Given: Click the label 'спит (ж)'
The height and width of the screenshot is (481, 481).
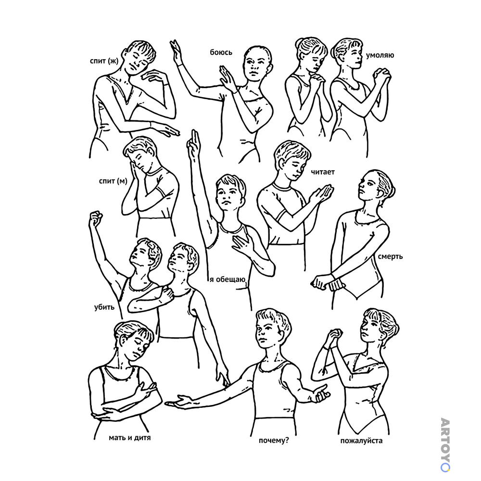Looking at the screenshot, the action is point(104,61).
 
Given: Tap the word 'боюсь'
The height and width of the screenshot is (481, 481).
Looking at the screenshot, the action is point(221,52).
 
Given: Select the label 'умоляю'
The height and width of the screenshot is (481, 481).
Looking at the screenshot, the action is point(380,55).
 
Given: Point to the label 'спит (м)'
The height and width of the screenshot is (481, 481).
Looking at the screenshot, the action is point(113,181).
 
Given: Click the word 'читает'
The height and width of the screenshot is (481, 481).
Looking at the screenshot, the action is point(323,172).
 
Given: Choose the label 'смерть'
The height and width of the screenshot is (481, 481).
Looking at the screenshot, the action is point(390,256).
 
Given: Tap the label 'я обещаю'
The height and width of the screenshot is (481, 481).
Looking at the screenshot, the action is point(228,279).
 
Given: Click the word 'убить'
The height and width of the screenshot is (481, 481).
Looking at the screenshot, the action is point(104,307).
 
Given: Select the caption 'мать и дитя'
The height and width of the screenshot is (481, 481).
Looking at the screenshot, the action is point(130,437).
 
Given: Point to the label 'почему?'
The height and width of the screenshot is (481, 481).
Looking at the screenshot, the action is point(274,441).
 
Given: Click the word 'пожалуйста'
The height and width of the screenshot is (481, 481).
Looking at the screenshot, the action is point(361,441).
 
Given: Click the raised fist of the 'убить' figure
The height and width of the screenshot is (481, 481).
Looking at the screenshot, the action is point(96,218).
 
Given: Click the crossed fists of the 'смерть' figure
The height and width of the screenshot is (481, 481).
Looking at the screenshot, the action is point(328,282).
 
